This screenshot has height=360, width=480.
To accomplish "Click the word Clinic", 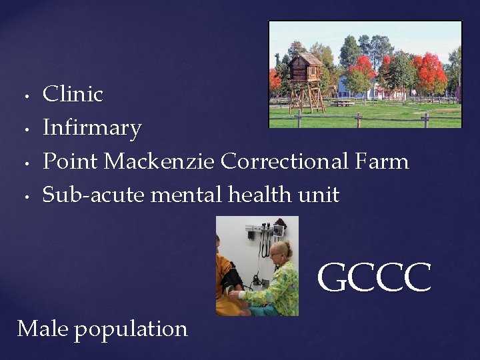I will (73, 94).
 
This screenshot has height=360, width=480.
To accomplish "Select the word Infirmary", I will (92, 128).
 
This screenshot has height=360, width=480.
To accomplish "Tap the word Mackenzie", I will (160, 161).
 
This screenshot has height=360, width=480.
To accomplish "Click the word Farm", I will (385, 161).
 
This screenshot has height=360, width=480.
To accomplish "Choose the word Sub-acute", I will (94, 195).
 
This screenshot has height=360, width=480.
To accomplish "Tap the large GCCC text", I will (374, 279).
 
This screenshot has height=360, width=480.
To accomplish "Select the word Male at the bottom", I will (43, 329).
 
